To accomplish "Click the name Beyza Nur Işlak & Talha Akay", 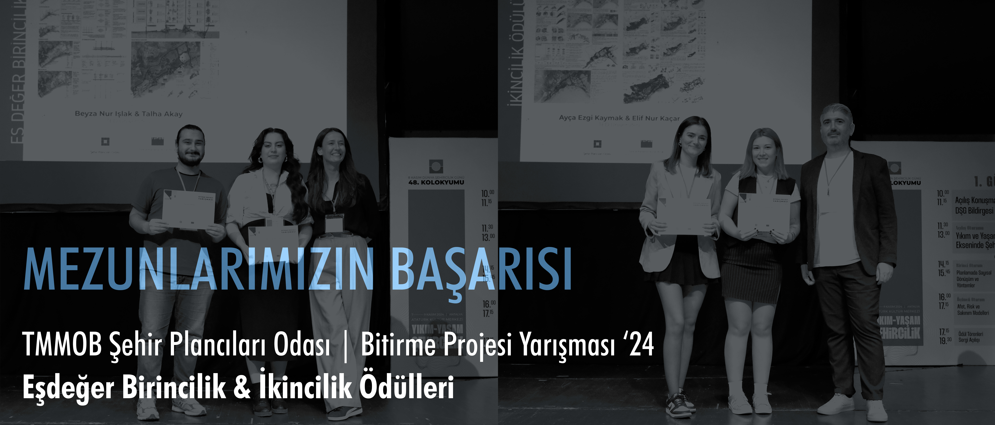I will tap(129, 114).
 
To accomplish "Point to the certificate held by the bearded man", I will tap(189, 210).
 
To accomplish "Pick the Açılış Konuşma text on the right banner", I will tap(974, 200).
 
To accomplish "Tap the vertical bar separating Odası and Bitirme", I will tap(345, 345).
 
